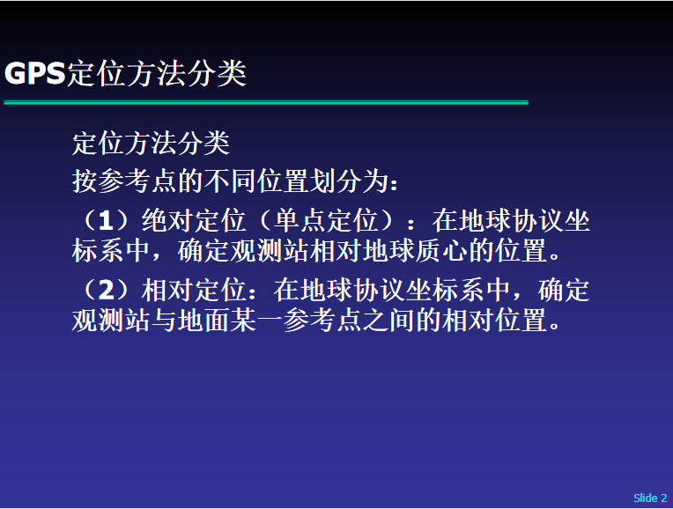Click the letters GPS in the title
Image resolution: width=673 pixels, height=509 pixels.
coord(34,73)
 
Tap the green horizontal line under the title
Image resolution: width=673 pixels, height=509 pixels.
coord(266,102)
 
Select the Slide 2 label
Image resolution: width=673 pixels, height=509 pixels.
coord(650,498)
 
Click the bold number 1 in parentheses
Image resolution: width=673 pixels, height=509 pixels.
coord(106,221)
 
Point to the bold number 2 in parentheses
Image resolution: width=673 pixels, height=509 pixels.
coord(107,291)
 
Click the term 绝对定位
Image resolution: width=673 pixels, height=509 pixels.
coord(194,221)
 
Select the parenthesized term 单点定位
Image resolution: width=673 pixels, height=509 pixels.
coord(326,221)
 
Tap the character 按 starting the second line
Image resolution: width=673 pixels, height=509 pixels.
coord(85,181)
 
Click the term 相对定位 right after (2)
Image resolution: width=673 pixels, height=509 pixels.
coord(194,291)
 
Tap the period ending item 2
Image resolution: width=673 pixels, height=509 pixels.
coord(555,326)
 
